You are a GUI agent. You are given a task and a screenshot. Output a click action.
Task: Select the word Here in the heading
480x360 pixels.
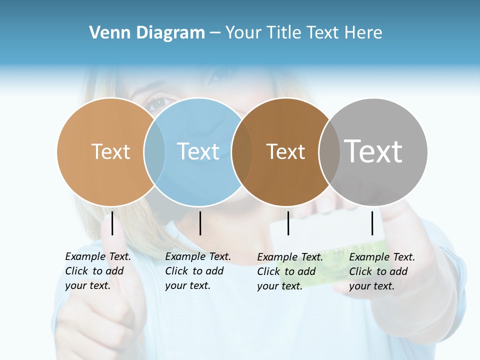pyautogui.click(x=363, y=32)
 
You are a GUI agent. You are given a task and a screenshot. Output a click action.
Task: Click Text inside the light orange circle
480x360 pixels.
pyautogui.click(x=110, y=151)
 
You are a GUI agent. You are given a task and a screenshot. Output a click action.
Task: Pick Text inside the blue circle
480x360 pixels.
pyautogui.click(x=198, y=151)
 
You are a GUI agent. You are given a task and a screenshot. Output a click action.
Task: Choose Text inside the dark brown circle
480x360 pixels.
pyautogui.click(x=285, y=151)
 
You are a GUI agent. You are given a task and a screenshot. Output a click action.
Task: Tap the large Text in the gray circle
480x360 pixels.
pyautogui.click(x=373, y=151)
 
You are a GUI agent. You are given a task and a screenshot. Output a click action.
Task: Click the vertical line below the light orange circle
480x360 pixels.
pyautogui.click(x=112, y=223)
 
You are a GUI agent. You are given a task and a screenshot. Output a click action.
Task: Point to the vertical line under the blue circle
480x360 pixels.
pyautogui.click(x=200, y=223)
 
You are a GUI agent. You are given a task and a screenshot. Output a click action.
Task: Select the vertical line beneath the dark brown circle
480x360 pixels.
pyautogui.click(x=288, y=223)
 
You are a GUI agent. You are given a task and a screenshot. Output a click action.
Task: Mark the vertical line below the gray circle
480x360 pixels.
pyautogui.click(x=372, y=223)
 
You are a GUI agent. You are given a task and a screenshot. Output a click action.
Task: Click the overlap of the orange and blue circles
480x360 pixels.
pyautogui.click(x=154, y=151)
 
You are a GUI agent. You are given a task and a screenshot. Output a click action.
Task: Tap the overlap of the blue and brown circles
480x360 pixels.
pyautogui.click(x=242, y=151)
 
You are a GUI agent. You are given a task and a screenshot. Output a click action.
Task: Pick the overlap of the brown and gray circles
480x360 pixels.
pyautogui.click(x=329, y=151)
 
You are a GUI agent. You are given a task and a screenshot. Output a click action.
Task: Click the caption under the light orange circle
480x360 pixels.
pyautogui.click(x=98, y=271)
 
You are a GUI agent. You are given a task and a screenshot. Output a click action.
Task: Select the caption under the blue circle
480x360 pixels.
pyautogui.click(x=198, y=271)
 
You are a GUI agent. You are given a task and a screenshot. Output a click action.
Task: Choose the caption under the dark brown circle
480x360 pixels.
pyautogui.click(x=290, y=271)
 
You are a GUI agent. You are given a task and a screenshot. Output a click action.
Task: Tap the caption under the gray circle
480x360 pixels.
pyautogui.click(x=382, y=271)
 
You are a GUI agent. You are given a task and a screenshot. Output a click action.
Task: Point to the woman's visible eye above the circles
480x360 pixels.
pyautogui.click(x=158, y=103)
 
